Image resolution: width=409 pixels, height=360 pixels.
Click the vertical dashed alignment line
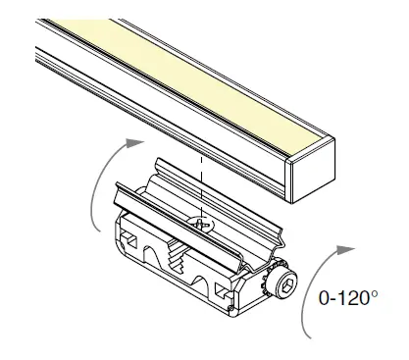[201, 186]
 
